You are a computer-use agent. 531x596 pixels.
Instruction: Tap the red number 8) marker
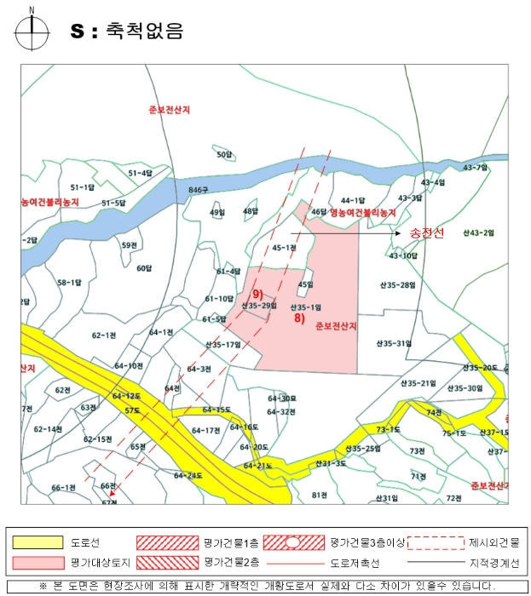[x=299, y=318]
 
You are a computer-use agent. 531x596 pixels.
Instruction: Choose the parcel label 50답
[x=224, y=154]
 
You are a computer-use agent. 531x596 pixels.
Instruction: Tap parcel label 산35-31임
[x=394, y=343]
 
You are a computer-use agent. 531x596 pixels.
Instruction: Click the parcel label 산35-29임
[x=259, y=305]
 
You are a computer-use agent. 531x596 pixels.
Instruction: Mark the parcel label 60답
[x=144, y=268]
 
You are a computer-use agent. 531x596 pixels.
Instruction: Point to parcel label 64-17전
[x=205, y=430]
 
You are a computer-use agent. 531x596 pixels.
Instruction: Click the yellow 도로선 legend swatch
[x=37, y=542]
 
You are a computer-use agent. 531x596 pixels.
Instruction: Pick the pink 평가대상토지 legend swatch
[x=37, y=562]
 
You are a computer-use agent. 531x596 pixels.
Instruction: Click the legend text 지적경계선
[x=493, y=562]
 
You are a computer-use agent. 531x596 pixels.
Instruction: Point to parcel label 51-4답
[x=141, y=173]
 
